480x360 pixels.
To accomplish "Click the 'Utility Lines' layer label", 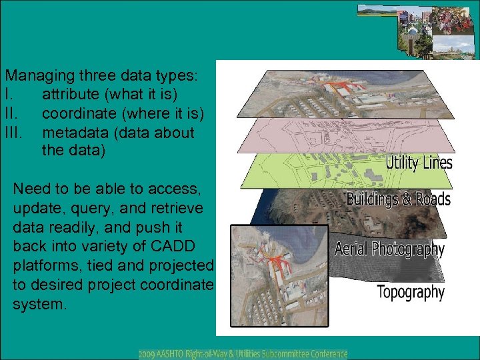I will (419, 163).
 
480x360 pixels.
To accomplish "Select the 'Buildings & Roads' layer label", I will (399, 199).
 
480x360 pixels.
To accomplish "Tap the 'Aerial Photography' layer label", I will (389, 249).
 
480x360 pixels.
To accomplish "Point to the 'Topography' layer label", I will (410, 291).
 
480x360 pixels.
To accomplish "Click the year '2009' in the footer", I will (149, 353).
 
